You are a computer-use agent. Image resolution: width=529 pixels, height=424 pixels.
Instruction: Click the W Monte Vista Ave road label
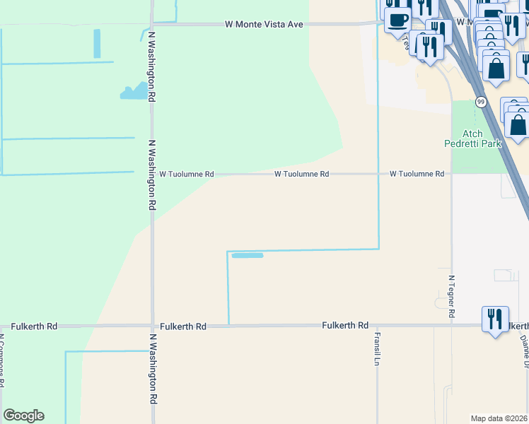pyautogui.click(x=264, y=24)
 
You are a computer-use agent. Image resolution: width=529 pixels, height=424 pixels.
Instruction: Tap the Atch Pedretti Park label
pyautogui.click(x=472, y=139)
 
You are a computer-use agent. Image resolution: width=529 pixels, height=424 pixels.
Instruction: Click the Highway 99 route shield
pyautogui.click(x=480, y=102)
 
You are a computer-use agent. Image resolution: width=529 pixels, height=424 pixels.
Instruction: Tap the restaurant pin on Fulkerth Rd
pyautogui.click(x=495, y=319)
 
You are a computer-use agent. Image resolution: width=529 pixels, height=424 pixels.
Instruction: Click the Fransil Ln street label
pyautogui.click(x=378, y=348)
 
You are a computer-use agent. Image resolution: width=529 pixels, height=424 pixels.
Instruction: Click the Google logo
pyautogui.click(x=23, y=416)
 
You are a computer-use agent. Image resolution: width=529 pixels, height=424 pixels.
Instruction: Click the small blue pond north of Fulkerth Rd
pyautogui.click(x=248, y=255)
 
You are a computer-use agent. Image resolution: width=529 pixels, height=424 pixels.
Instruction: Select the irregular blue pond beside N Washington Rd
pyautogui.click(x=136, y=91)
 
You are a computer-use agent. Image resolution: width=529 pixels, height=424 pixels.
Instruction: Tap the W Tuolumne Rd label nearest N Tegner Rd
pyautogui.click(x=417, y=173)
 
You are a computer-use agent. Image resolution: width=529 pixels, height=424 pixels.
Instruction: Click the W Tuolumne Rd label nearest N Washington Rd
pyautogui.click(x=186, y=173)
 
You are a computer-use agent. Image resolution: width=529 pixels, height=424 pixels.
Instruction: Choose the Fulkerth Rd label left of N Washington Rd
pyautogui.click(x=28, y=326)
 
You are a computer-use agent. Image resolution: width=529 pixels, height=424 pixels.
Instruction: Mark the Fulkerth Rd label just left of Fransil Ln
pyautogui.click(x=345, y=325)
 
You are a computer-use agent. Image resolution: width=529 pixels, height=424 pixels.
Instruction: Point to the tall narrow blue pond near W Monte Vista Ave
pyautogui.click(x=98, y=43)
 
